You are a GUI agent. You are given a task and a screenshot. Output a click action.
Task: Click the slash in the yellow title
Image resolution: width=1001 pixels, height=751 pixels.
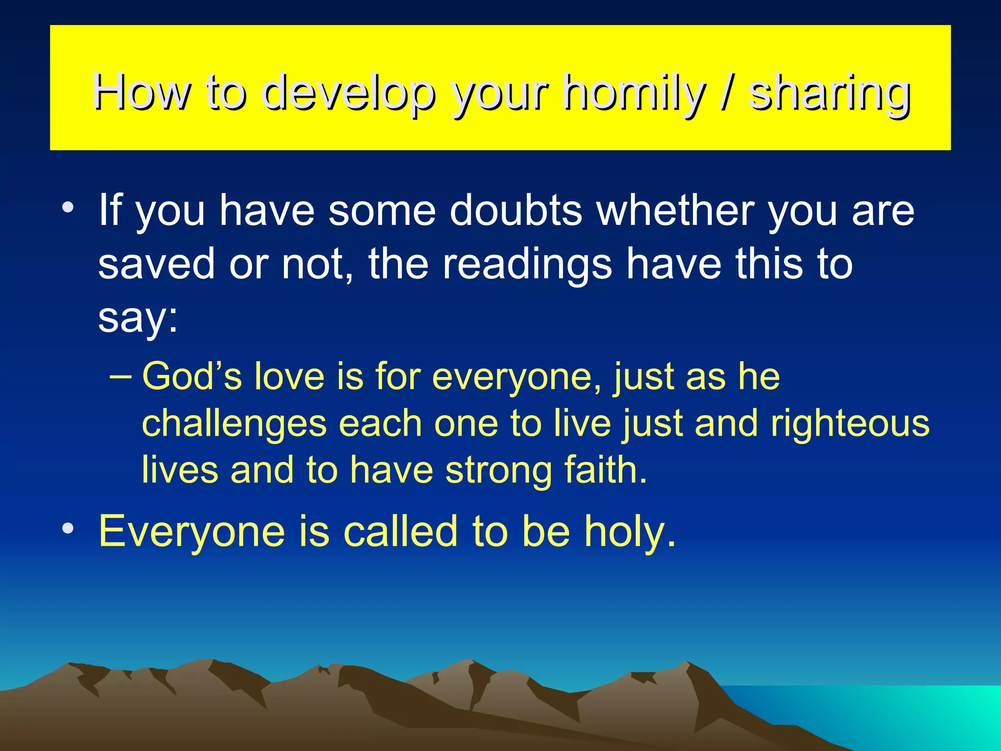[727, 92]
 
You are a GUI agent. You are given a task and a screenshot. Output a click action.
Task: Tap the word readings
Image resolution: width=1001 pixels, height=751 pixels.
[527, 264]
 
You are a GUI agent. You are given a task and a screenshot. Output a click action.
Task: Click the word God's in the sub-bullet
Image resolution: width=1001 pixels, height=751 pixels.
[192, 376]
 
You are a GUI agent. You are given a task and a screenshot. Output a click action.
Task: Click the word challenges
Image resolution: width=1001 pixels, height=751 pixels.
[234, 423]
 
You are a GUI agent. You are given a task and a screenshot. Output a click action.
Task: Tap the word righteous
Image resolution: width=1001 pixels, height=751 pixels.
[849, 423]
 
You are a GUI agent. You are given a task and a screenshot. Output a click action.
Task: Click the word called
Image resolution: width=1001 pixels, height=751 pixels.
[402, 531]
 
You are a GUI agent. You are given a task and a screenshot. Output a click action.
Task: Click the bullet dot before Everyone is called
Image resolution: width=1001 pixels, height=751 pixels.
[68, 529]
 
